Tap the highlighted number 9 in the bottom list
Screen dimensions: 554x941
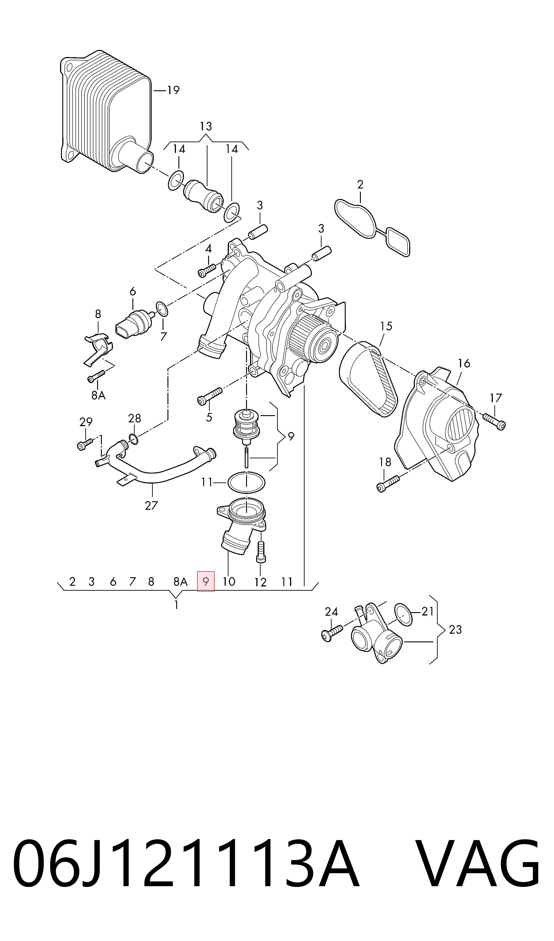click(206, 582)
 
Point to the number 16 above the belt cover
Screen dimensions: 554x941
click(464, 363)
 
